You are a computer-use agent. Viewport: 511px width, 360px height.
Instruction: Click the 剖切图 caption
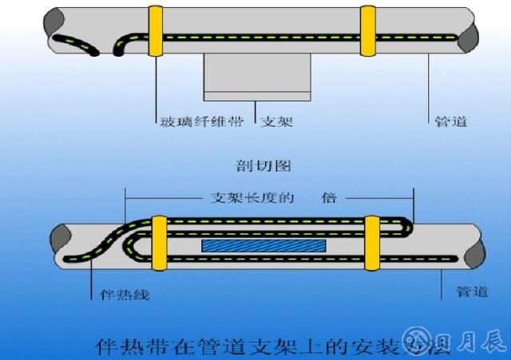(256, 166)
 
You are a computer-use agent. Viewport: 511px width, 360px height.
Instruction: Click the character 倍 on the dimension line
(330, 197)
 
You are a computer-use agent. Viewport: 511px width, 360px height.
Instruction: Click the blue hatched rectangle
(263, 246)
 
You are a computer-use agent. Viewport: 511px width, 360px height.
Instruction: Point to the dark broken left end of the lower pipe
(61, 236)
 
